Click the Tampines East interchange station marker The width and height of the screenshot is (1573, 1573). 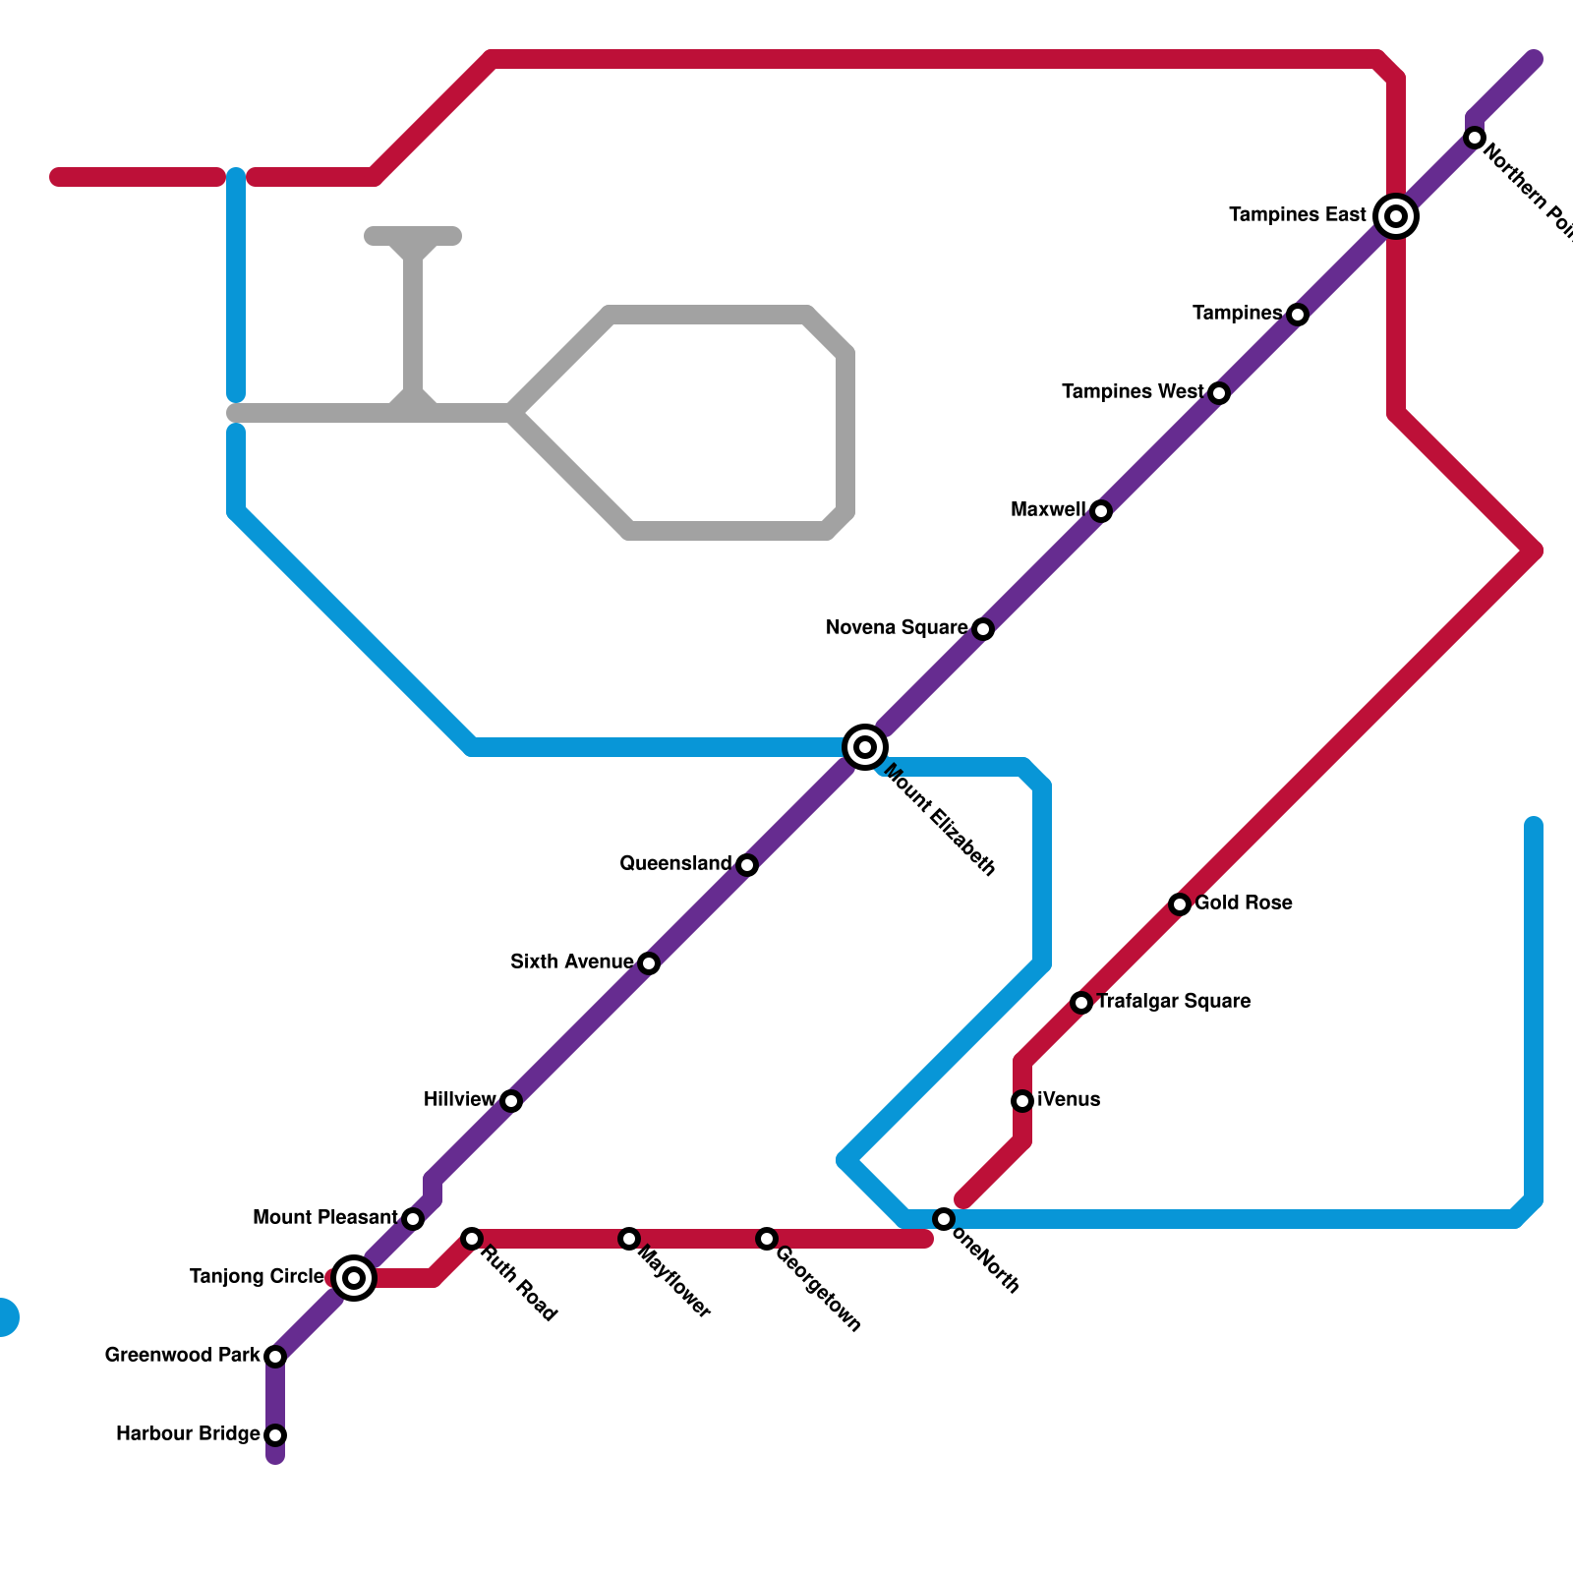[1396, 216]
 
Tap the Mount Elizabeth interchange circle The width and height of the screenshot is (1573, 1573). [865, 747]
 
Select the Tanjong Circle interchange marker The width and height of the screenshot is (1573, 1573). [354, 1278]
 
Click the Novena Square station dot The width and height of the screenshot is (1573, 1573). [983, 629]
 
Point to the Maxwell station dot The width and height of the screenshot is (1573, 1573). [1101, 511]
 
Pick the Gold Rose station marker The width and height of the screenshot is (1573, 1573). [1180, 904]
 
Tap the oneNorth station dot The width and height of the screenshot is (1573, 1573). [944, 1219]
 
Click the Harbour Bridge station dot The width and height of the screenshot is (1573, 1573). [275, 1435]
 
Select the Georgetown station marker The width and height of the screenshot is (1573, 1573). [767, 1239]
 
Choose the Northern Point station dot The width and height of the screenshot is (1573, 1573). [1475, 138]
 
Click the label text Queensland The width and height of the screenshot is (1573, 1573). [675, 864]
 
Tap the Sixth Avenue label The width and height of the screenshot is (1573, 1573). [571, 962]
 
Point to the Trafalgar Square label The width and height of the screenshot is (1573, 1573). [1173, 1002]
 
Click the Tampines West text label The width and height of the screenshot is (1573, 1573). [1132, 392]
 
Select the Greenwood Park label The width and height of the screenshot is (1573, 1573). [182, 1356]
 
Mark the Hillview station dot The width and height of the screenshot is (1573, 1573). [511, 1101]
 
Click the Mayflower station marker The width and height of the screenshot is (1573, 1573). [629, 1239]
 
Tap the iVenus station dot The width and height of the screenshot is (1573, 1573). [1022, 1101]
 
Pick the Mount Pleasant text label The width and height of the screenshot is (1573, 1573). [324, 1218]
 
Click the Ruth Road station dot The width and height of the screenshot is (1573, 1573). [472, 1239]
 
